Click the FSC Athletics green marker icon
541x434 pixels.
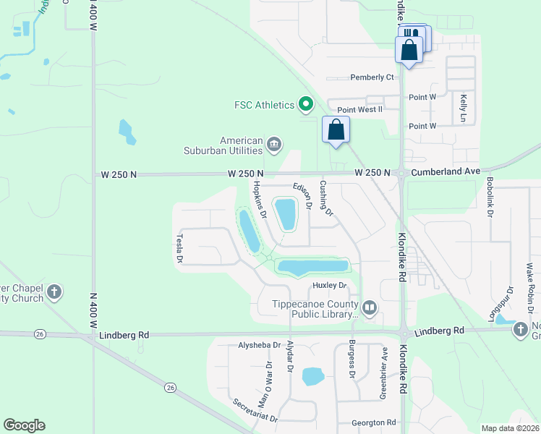(306, 106)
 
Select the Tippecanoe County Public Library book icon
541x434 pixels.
(370, 309)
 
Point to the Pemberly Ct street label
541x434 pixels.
(372, 77)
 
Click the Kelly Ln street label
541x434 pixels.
(463, 107)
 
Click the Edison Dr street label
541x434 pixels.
(302, 196)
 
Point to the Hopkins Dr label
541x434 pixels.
(259, 200)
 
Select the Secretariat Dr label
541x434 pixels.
(255, 411)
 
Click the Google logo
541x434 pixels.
(24, 425)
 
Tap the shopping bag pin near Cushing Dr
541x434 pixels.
(336, 130)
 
